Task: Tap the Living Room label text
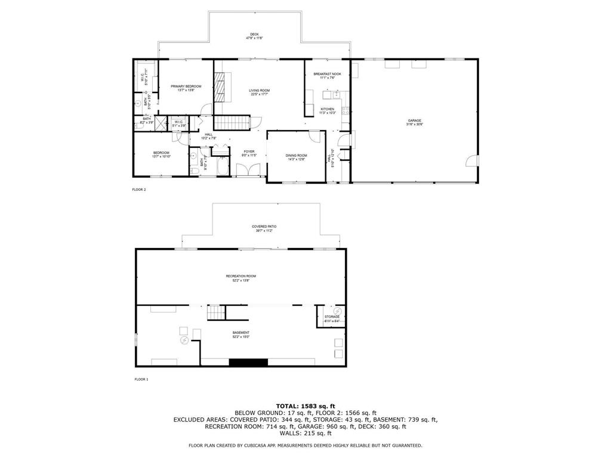259,92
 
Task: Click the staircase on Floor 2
230,123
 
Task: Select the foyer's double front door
248,171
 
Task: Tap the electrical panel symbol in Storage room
337,311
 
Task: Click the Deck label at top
254,36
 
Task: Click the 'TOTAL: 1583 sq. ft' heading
305,406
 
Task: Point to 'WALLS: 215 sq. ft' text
305,434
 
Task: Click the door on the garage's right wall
472,161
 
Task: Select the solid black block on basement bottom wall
242,362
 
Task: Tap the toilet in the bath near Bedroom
195,171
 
